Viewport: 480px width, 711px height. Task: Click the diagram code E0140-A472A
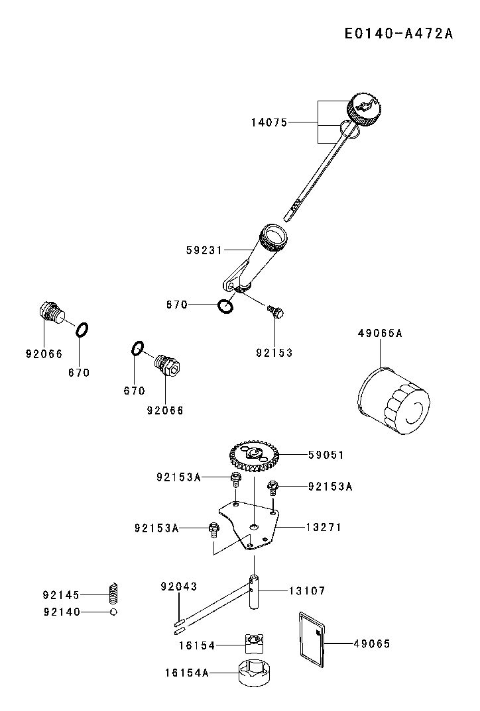click(x=398, y=34)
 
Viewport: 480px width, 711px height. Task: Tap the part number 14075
click(x=269, y=122)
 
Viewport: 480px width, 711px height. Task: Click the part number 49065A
click(x=380, y=334)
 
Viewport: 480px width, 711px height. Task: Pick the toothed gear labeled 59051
click(x=256, y=456)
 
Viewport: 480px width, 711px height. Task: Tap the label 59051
click(x=326, y=455)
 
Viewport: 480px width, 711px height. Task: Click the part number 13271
click(x=324, y=527)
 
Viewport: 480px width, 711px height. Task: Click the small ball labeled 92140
click(x=113, y=612)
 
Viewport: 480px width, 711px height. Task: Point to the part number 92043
click(x=179, y=587)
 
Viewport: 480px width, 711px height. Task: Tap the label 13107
click(x=307, y=590)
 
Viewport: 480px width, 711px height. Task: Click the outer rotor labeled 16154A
click(x=254, y=674)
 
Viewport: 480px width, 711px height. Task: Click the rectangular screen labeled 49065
click(x=311, y=637)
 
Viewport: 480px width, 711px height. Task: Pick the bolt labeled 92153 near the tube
click(x=276, y=310)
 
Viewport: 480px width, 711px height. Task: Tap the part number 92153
click(x=274, y=353)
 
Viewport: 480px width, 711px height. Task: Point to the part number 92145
click(x=61, y=595)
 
